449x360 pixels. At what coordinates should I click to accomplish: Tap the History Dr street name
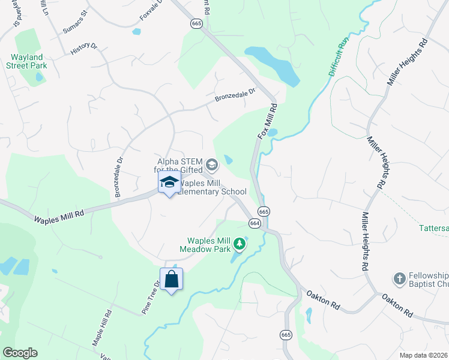click(x=83, y=49)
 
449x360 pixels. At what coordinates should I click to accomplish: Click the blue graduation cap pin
click(x=169, y=182)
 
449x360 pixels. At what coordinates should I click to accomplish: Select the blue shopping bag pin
click(x=172, y=279)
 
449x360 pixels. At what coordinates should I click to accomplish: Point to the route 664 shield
click(x=255, y=223)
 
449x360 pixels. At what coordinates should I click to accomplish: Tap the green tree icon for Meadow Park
click(x=240, y=244)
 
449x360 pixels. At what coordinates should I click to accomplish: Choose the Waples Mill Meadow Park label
click(x=209, y=245)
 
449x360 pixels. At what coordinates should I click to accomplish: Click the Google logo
click(x=20, y=353)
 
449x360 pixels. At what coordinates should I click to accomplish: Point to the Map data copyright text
click(x=424, y=355)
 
